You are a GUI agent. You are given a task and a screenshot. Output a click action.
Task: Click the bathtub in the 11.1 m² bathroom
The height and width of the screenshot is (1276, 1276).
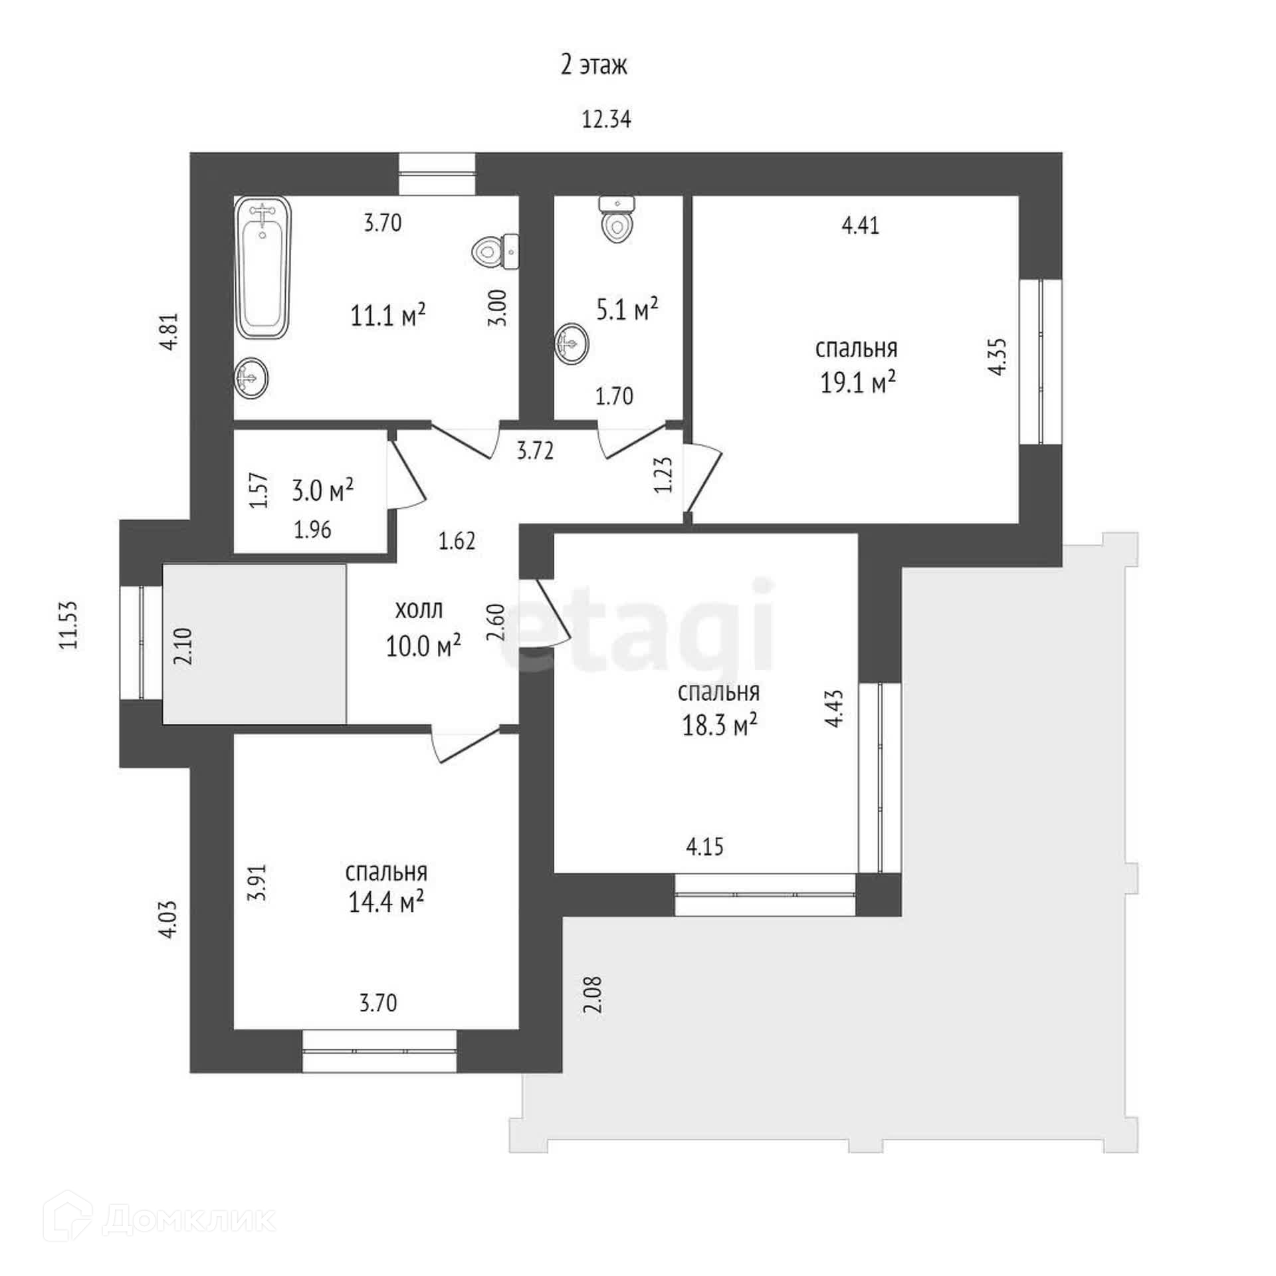click(263, 269)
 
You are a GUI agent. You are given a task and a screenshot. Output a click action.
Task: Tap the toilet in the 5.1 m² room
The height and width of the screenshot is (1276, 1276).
click(617, 220)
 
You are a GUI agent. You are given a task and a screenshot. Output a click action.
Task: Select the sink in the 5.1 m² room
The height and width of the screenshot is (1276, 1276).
click(572, 343)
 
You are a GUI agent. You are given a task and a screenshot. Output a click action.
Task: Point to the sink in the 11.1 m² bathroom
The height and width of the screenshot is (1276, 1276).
click(252, 377)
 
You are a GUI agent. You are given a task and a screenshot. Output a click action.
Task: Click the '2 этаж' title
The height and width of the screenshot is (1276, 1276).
click(593, 66)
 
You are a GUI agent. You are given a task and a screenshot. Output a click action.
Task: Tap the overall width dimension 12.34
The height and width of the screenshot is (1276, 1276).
click(606, 120)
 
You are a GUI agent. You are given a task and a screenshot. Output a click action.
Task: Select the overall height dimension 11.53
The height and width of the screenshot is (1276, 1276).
click(69, 625)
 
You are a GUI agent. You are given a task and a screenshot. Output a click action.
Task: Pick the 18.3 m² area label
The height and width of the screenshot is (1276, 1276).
click(720, 726)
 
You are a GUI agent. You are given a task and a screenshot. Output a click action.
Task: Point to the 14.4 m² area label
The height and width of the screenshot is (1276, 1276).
click(386, 903)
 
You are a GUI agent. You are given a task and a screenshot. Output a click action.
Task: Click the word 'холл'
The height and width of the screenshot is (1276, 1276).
click(419, 610)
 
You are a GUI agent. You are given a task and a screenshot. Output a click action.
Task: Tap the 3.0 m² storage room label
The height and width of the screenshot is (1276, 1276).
click(322, 491)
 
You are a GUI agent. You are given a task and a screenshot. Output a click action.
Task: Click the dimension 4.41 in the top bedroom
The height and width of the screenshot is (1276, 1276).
click(860, 226)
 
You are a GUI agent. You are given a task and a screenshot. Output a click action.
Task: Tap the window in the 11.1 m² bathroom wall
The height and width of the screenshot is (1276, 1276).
click(437, 174)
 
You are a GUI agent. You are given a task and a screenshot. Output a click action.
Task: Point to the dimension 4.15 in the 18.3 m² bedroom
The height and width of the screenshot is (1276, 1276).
click(704, 847)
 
